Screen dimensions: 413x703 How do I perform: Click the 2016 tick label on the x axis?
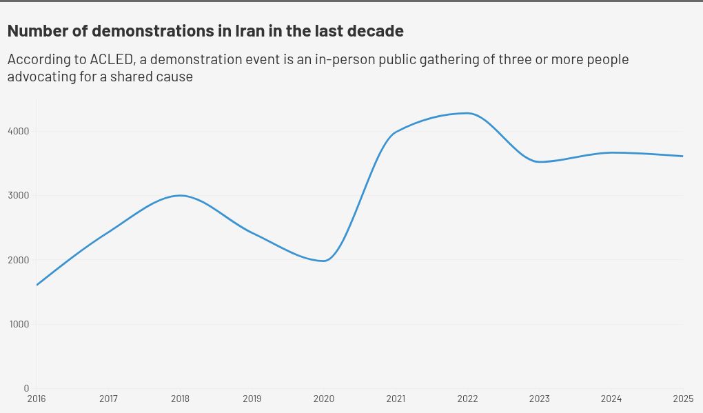37,399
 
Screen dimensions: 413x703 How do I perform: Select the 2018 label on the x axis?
180,399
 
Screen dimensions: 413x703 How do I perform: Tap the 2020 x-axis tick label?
323,399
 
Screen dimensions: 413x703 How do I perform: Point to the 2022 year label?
467,399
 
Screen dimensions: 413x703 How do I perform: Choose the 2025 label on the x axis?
682,399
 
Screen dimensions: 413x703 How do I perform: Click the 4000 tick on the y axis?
19,131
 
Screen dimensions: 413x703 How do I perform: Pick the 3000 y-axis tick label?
19,195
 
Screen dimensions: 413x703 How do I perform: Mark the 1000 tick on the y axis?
19,324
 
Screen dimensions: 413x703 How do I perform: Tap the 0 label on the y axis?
26,388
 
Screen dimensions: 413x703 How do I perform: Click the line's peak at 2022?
467,113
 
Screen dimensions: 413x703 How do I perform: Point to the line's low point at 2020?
324,261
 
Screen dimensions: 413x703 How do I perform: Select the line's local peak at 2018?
180,195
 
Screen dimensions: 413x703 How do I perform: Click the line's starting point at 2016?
37,285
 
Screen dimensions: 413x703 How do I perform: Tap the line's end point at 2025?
683,156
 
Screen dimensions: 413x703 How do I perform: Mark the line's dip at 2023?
540,162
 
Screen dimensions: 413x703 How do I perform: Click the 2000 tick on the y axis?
19,260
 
